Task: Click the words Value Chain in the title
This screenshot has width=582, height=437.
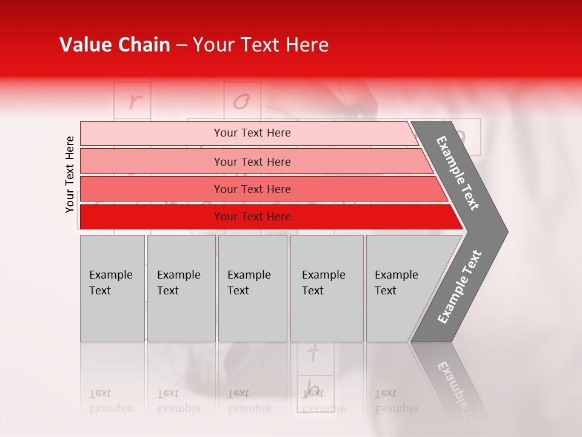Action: [115, 46]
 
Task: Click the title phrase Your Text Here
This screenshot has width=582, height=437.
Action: [261, 46]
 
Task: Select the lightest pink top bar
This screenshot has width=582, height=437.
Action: [152, 134]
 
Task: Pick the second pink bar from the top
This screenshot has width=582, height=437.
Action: [152, 161]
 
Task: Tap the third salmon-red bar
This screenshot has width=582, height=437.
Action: [152, 189]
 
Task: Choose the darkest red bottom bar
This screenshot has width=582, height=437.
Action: [152, 217]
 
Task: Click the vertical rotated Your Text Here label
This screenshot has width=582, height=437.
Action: [70, 174]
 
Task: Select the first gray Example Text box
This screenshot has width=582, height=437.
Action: [112, 288]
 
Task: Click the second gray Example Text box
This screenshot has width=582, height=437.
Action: [181, 288]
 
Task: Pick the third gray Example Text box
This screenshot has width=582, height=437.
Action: [252, 288]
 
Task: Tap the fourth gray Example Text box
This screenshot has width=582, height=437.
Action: [327, 288]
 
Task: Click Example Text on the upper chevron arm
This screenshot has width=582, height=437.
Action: [458, 173]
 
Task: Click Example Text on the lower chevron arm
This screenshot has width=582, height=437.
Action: [460, 287]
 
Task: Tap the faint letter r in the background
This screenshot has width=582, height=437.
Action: [133, 101]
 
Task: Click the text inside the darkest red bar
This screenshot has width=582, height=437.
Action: [252, 217]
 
